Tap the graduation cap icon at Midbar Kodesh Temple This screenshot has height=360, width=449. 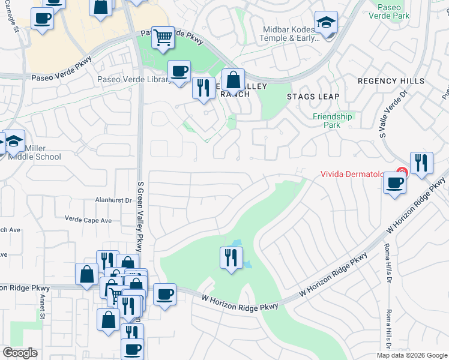tap(327, 23)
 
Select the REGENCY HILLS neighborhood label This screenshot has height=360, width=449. tap(391, 81)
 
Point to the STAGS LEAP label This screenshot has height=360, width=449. tap(313, 97)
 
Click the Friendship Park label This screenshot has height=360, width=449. tap(332, 121)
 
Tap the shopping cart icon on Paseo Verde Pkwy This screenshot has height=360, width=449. tap(163, 37)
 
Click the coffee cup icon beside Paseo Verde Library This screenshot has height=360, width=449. tap(179, 72)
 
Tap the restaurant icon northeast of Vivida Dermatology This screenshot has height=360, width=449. tap(422, 163)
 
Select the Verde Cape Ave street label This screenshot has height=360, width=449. tap(88, 220)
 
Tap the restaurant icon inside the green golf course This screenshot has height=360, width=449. tap(231, 258)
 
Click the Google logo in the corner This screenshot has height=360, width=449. tap(20, 353)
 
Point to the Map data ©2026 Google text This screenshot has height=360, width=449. tap(412, 355)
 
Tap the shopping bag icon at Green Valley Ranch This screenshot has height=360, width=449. tap(233, 80)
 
